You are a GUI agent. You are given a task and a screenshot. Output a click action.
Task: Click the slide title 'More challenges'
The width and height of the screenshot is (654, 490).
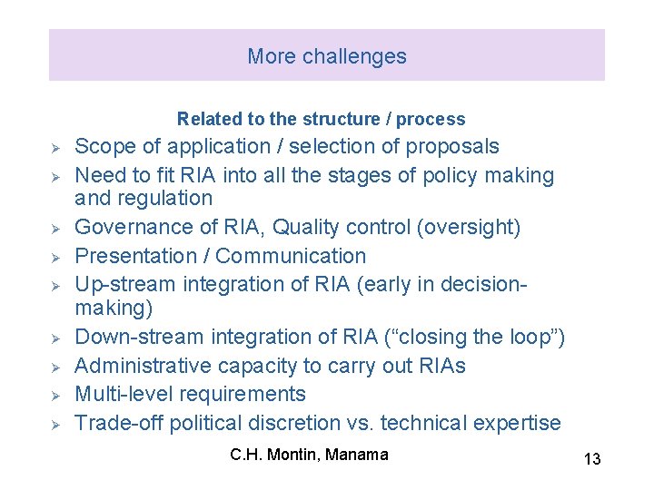326,56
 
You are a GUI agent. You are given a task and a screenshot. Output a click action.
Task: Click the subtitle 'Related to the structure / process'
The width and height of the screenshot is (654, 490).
321,119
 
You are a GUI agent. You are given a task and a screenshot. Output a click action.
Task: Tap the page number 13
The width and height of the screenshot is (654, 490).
591,459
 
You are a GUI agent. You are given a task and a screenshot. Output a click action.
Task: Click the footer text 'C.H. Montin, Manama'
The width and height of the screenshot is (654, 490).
309,454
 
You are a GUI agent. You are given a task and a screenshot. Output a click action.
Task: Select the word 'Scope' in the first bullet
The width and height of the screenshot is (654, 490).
102,147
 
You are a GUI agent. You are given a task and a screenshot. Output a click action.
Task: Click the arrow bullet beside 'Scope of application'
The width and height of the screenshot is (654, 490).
55,148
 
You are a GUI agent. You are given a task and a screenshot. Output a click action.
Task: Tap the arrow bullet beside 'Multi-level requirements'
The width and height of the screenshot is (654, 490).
55,396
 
